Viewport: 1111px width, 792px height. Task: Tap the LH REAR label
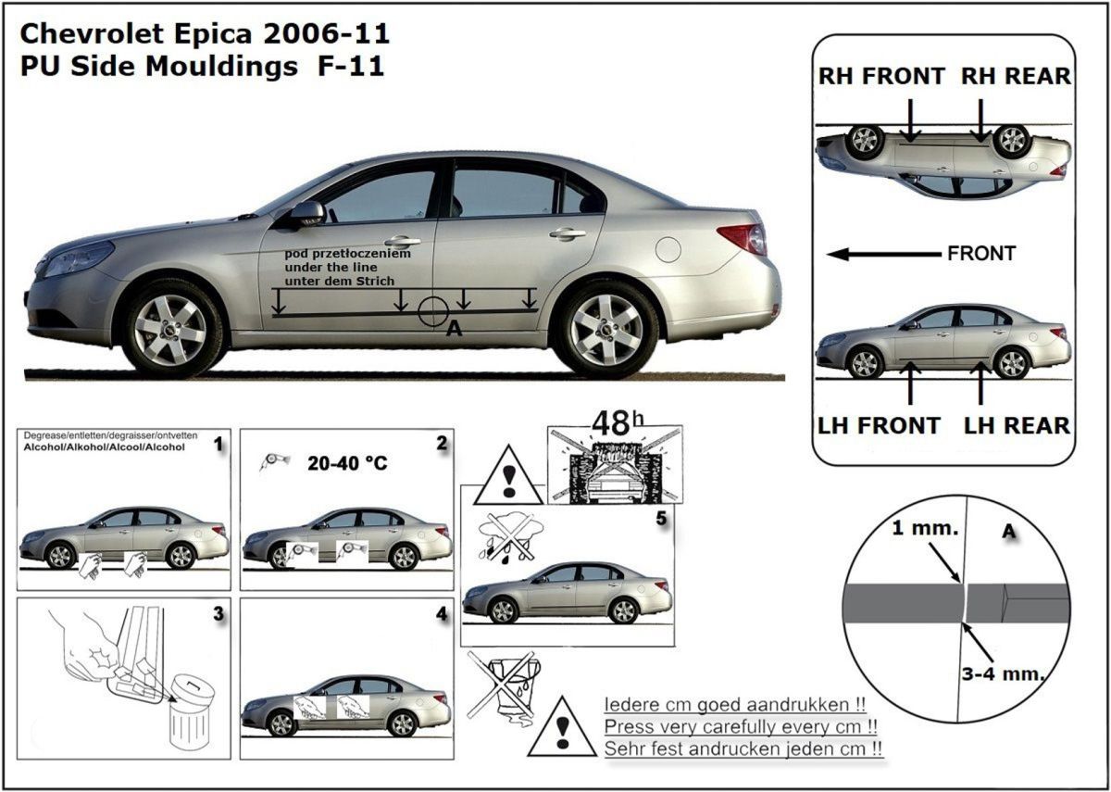point(1017,426)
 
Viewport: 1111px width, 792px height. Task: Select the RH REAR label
point(1016,77)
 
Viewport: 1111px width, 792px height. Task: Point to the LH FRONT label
point(878,426)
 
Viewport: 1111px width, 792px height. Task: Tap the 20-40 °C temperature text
point(346,462)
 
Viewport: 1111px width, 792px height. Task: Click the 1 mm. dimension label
point(918,530)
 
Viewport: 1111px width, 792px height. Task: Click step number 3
point(218,614)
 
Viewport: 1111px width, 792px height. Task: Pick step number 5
point(660,519)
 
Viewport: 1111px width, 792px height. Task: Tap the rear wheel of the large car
point(605,329)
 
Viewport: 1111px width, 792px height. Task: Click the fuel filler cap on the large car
point(667,249)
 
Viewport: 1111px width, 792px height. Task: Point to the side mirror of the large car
point(306,214)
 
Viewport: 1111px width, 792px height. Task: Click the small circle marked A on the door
point(433,312)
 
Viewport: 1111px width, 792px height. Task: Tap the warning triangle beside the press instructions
point(561,728)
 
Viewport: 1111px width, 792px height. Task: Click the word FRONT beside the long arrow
point(981,253)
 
